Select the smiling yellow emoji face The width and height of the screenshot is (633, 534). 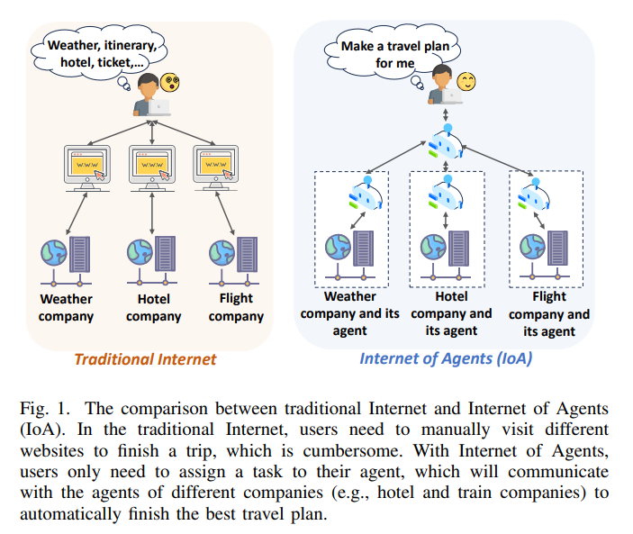[466, 83]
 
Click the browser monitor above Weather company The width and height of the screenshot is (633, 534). [89, 165]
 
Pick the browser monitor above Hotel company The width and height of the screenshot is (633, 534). [151, 165]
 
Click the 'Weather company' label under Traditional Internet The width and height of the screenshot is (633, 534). [66, 307]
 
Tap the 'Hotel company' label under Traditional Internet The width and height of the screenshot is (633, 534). [153, 307]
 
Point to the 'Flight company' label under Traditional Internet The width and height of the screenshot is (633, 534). [236, 307]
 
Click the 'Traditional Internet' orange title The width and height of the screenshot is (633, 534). [145, 359]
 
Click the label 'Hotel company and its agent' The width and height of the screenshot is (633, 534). [451, 313]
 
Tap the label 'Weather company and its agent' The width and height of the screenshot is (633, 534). [349, 313]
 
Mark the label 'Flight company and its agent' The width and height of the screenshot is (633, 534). [549, 313]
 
